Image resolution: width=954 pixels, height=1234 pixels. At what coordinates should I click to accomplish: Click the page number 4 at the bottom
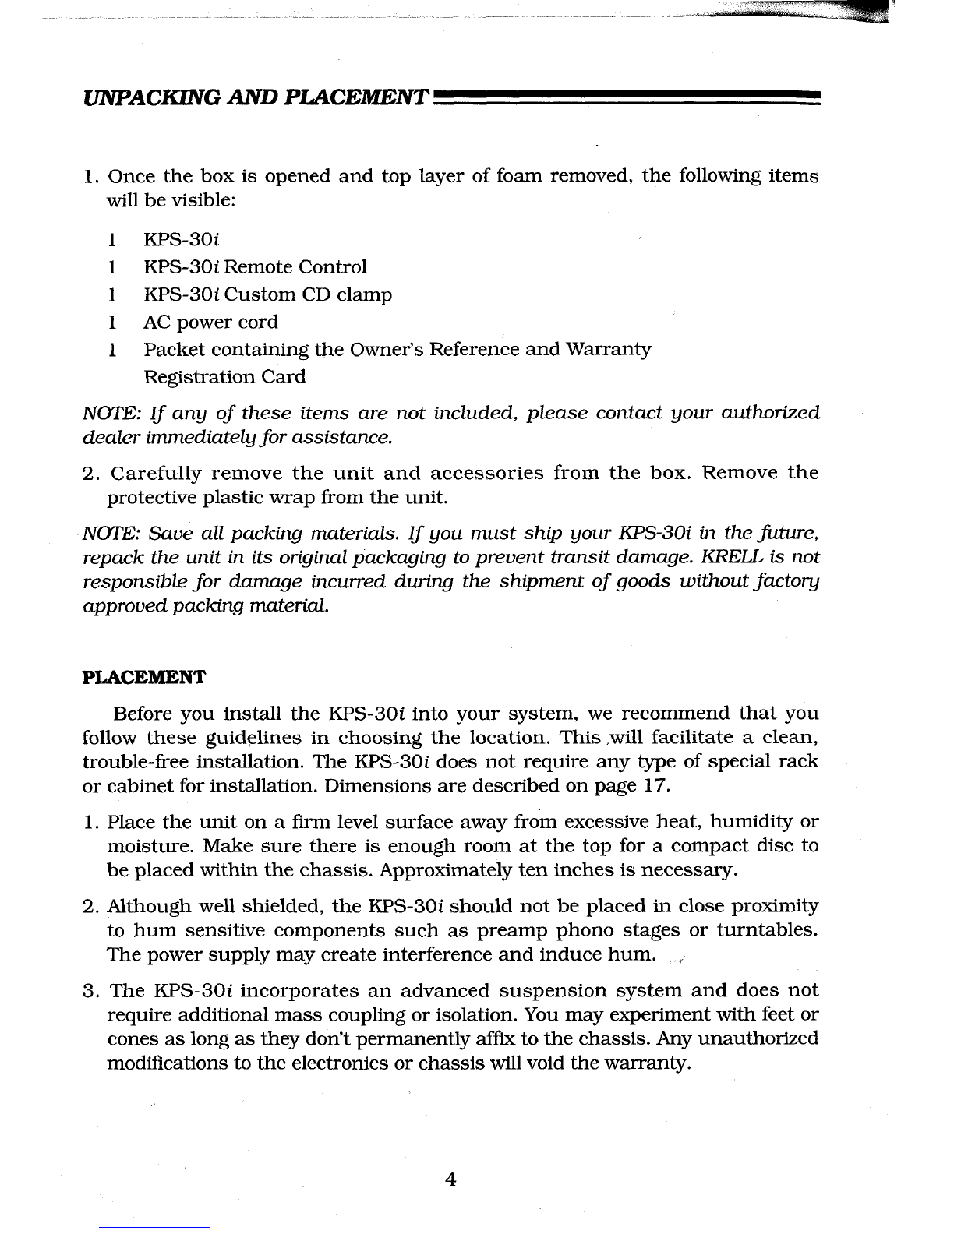pyautogui.click(x=449, y=1179)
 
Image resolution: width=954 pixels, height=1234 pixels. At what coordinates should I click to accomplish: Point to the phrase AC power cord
pyautogui.click(x=210, y=322)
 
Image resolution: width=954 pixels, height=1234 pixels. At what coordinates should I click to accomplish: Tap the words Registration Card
pyautogui.click(x=224, y=377)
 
